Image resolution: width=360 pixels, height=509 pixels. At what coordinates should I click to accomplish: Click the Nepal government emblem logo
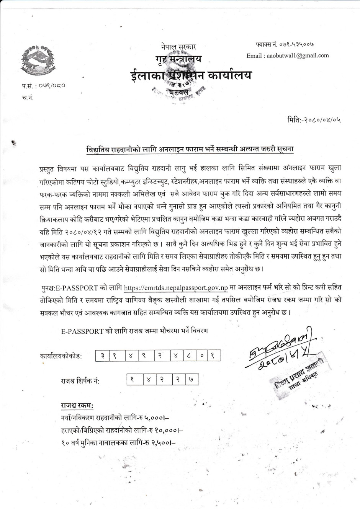(37, 60)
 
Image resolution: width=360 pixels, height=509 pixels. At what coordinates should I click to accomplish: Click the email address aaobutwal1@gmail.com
(287, 55)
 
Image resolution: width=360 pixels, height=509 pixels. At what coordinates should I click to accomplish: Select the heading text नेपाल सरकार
(178, 47)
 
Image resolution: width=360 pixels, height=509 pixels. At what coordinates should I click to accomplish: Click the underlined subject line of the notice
(190, 149)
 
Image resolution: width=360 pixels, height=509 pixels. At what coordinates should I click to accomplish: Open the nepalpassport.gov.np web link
(176, 288)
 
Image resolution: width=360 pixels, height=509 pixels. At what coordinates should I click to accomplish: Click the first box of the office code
(102, 356)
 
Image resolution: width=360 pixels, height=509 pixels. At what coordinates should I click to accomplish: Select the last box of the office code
(213, 356)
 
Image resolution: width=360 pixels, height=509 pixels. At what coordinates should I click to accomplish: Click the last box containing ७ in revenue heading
(191, 380)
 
